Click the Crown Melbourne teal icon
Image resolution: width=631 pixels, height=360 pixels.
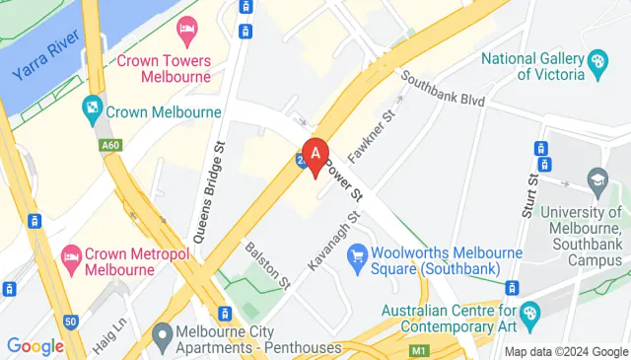click(x=93, y=106)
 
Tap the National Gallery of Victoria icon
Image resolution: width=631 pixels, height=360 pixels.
click(x=596, y=67)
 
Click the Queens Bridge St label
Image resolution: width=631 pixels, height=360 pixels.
click(x=210, y=202)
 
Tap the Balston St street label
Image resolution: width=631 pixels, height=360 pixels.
click(x=265, y=265)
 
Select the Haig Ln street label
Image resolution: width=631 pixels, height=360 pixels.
click(x=111, y=317)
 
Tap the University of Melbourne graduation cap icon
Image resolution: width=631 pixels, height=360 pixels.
click(x=596, y=180)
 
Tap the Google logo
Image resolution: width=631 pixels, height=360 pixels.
click(x=35, y=346)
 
